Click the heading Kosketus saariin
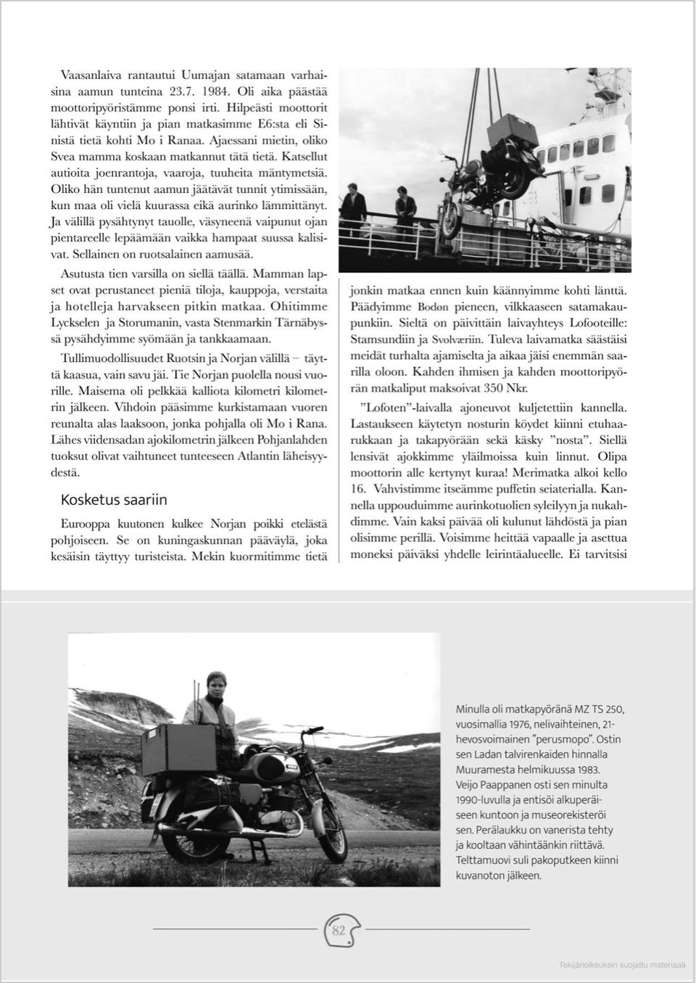pos(114,500)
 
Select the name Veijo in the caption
pos(469,784)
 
